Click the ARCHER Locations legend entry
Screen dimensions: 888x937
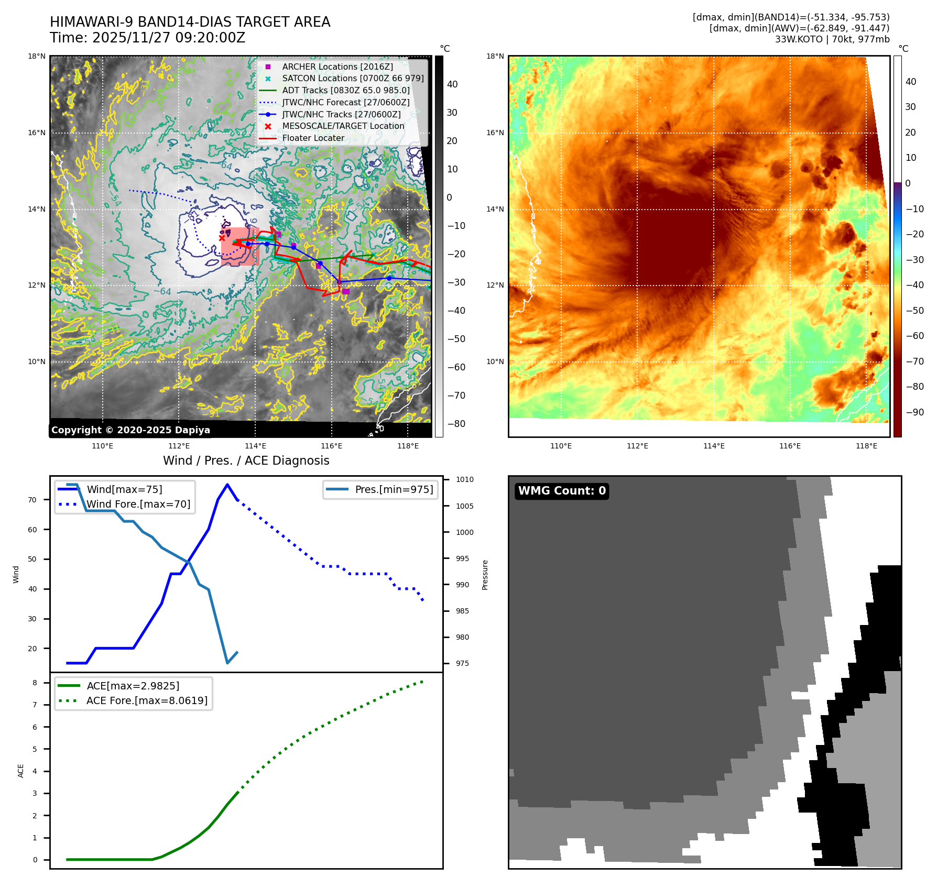(x=337, y=67)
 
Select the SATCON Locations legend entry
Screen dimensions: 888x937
(x=353, y=79)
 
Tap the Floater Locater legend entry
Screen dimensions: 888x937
(x=313, y=138)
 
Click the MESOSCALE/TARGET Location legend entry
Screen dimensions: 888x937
(x=343, y=126)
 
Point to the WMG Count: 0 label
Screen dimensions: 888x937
(x=562, y=491)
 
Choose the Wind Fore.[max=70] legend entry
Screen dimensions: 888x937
(x=138, y=504)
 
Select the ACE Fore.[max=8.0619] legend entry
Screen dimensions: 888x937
(x=147, y=700)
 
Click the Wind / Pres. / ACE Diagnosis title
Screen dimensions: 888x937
(x=246, y=461)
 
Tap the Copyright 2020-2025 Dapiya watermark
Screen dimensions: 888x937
(x=130, y=430)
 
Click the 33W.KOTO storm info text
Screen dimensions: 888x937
(x=832, y=39)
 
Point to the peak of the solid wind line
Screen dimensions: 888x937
(x=227, y=485)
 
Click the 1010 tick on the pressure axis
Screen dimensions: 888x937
(x=464, y=479)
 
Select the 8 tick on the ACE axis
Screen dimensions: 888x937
(x=35, y=683)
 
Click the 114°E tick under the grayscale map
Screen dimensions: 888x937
(x=255, y=446)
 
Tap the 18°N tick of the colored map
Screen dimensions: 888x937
(x=495, y=56)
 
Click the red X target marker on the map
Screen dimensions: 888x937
(x=222, y=238)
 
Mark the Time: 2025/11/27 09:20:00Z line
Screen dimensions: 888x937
(x=147, y=38)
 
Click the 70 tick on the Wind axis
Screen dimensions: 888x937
(x=32, y=500)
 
